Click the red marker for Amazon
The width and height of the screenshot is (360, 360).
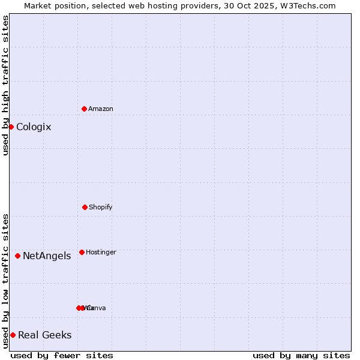tap(84, 109)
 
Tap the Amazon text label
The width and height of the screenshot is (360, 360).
tap(101, 109)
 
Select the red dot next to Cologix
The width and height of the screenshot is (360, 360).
tap(11, 127)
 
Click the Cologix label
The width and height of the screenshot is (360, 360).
tap(34, 127)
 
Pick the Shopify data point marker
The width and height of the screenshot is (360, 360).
tap(85, 207)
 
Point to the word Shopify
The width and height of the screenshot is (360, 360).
tap(101, 207)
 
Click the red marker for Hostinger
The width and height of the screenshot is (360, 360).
tap(82, 252)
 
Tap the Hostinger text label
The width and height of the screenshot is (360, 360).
tap(101, 252)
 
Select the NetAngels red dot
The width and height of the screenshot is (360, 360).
tap(17, 256)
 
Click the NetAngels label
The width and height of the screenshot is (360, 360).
tap(47, 256)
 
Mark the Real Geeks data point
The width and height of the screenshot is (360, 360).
tap(13, 335)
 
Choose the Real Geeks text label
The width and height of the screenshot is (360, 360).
tap(45, 335)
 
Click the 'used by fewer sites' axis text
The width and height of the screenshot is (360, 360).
tap(62, 355)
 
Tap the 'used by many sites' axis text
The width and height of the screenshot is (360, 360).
tap(301, 355)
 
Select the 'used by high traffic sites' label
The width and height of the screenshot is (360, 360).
tap(5, 85)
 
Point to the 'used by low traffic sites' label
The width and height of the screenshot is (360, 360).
tap(5, 281)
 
